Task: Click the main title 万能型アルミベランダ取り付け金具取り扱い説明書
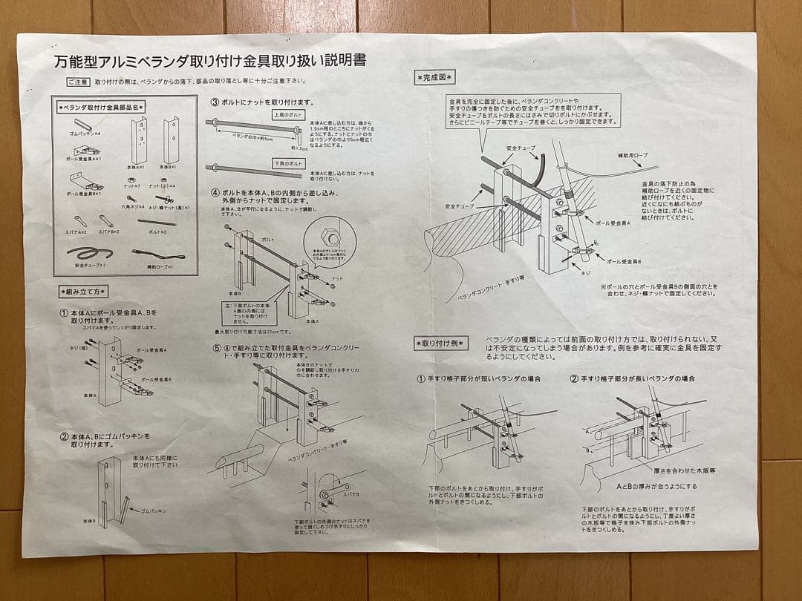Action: pos(210,61)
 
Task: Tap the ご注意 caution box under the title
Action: pos(78,82)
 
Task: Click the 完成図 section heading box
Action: pos(435,76)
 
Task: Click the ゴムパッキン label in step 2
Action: pos(152,510)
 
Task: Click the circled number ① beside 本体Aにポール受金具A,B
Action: pos(64,313)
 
